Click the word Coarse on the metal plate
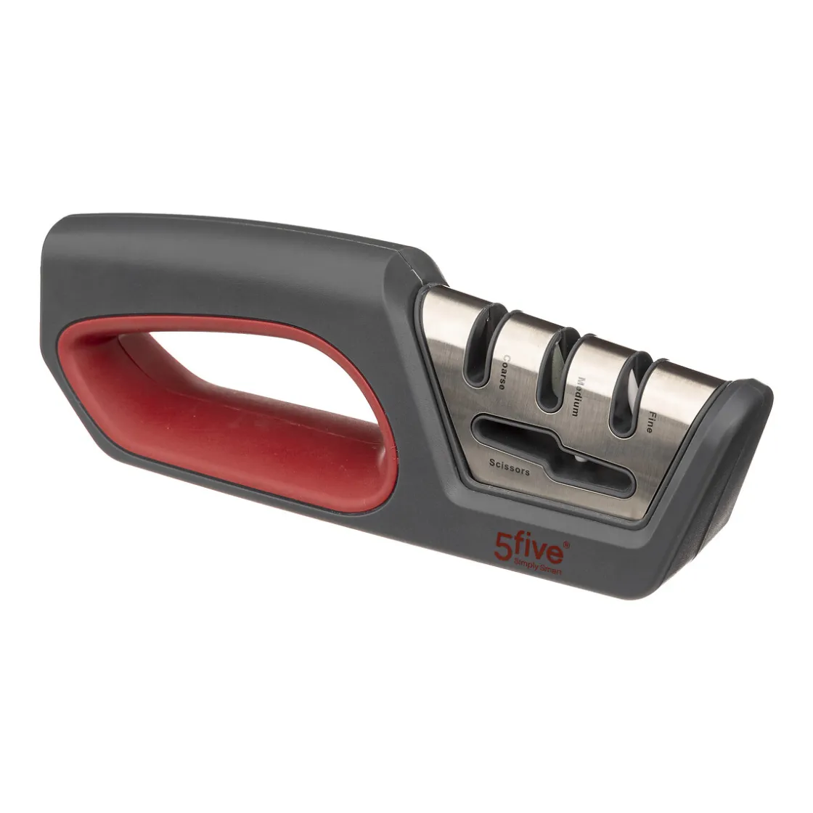tap(502, 372)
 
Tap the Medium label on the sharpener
tap(576, 396)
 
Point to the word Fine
tap(647, 422)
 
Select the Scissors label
tap(509, 467)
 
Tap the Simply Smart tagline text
tap(536, 565)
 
